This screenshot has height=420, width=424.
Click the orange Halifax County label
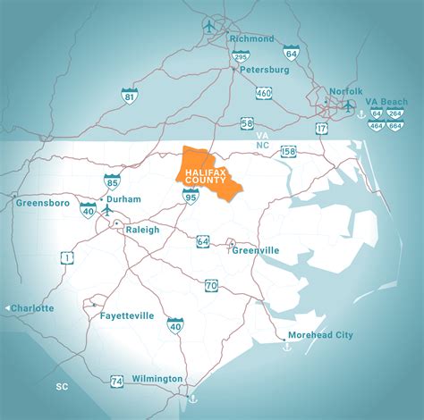pyautogui.click(x=206, y=172)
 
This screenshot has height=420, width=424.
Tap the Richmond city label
pyautogui.click(x=251, y=38)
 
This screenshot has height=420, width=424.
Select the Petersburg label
pyautogui.click(x=263, y=68)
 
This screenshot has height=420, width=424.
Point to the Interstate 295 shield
pyautogui.click(x=241, y=56)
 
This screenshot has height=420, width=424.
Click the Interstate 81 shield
pyautogui.click(x=131, y=96)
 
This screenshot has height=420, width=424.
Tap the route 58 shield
pyautogui.click(x=246, y=123)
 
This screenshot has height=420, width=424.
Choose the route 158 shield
pyautogui.click(x=288, y=151)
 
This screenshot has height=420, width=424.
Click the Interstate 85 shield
pyautogui.click(x=112, y=182)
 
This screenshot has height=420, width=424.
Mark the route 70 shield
pyautogui.click(x=211, y=285)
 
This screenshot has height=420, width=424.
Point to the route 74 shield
pyautogui.click(x=117, y=382)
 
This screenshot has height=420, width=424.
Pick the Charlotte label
pyautogui.click(x=32, y=308)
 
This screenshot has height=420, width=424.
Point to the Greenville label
pyautogui.click(x=264, y=249)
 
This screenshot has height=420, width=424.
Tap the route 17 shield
pyautogui.click(x=320, y=129)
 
